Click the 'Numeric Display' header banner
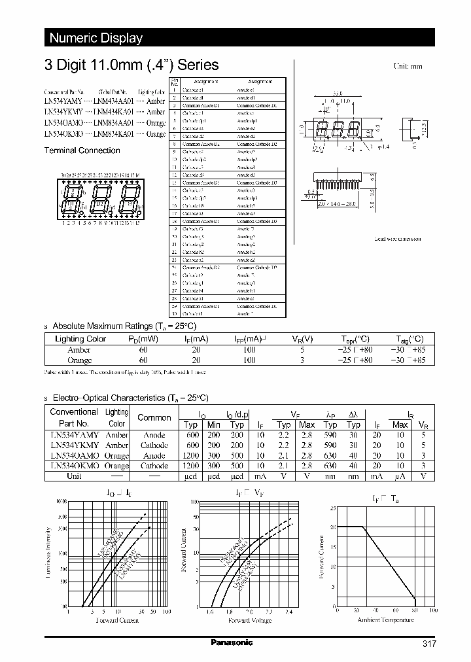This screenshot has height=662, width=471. point(96,38)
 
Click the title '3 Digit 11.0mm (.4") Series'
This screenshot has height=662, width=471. point(131,65)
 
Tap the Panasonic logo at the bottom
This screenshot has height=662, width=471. point(232,643)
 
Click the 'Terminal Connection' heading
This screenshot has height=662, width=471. point(82,150)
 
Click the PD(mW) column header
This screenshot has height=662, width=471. point(143,339)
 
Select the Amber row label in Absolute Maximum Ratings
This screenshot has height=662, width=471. point(78,350)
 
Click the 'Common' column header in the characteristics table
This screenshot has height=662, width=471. point(154,417)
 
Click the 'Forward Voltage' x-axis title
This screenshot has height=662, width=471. point(251,620)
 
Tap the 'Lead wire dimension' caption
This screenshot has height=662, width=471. point(397,239)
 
